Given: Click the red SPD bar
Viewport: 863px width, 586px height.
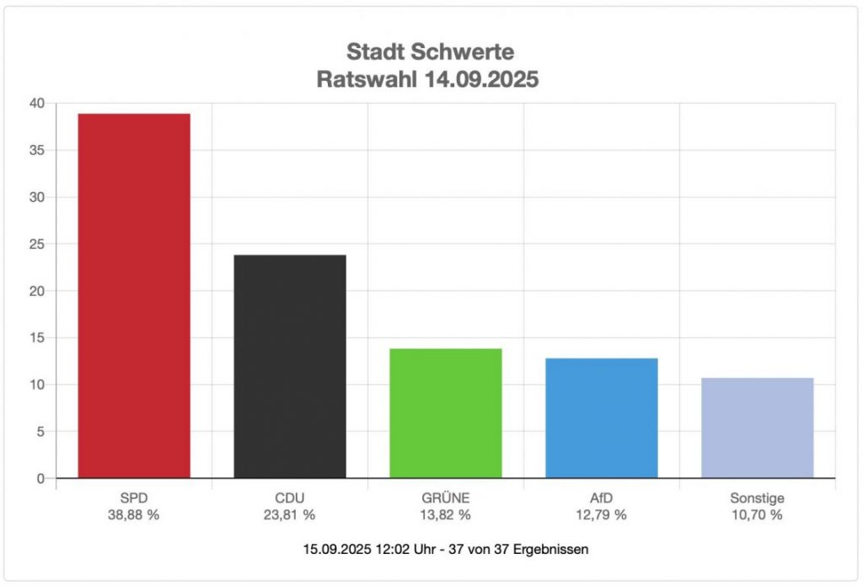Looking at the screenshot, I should pos(134,295).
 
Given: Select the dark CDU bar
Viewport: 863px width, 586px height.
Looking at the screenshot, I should pos(290,366).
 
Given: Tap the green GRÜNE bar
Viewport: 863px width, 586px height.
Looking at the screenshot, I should pos(446,413).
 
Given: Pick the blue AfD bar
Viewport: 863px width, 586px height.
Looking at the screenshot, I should pos(602,417).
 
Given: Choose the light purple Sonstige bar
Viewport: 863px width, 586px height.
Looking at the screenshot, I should pos(758,427).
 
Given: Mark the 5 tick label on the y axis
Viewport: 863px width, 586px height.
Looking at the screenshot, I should pos(40,432).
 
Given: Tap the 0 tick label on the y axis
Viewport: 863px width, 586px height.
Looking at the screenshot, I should pos(40,479).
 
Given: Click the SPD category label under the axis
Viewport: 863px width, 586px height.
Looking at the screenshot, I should pos(134,497).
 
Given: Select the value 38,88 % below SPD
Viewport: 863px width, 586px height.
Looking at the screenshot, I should pos(134,514).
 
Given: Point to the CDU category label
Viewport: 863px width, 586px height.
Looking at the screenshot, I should pos(290,497).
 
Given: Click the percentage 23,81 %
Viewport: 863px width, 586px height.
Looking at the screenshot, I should pos(290,514).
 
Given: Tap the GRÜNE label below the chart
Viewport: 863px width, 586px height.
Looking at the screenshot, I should pos(446,497).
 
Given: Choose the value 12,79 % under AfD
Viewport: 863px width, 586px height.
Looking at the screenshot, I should pos(602,514).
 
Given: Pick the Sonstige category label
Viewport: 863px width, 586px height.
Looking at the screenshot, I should pos(758,497).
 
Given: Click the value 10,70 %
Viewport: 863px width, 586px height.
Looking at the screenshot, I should pos(758,514).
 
